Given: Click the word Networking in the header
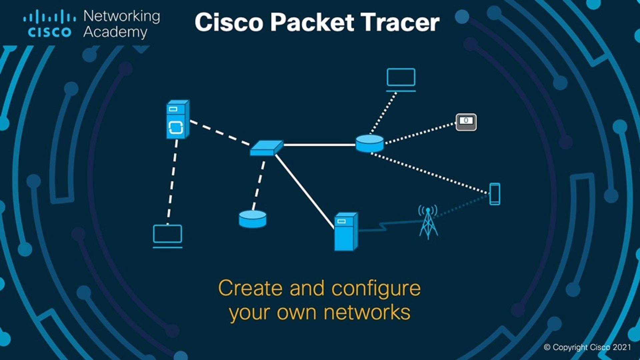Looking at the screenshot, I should (x=122, y=16).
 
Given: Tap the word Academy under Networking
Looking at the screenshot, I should (x=115, y=32).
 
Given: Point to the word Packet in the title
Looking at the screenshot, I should (x=312, y=22).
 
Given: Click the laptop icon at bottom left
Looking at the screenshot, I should (x=167, y=236).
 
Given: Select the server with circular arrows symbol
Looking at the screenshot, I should (x=177, y=119).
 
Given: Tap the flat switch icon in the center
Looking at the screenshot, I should (x=267, y=147).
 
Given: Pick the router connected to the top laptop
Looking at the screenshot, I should (x=369, y=143).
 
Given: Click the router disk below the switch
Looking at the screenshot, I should (x=253, y=219).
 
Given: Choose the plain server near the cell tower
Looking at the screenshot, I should (x=346, y=232).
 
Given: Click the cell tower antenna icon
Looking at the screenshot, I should (x=428, y=222).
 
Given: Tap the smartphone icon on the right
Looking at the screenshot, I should (x=495, y=194).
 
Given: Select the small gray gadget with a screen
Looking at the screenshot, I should (x=466, y=122).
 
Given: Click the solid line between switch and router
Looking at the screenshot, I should (x=319, y=145).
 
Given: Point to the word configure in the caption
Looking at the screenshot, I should (x=376, y=289).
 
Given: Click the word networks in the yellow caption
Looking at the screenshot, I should (x=367, y=313).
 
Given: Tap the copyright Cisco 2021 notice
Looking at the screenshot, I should (x=587, y=347).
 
